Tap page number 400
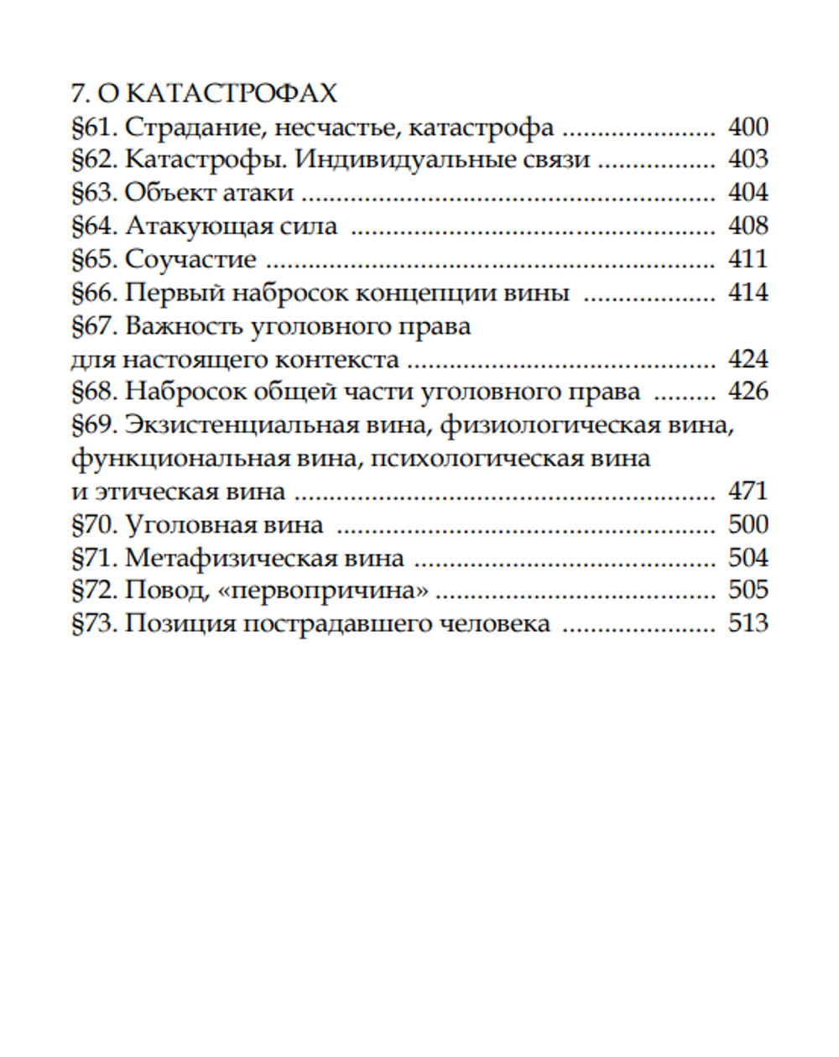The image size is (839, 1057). [x=748, y=127]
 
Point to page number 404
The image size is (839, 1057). [x=748, y=193]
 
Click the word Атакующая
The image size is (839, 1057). [x=200, y=226]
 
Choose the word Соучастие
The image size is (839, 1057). [x=190, y=259]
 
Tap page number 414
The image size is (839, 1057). [x=748, y=293]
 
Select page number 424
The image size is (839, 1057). [x=748, y=359]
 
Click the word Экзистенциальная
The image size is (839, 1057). [x=276, y=425]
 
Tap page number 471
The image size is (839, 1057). [x=748, y=492]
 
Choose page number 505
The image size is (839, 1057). [x=748, y=591]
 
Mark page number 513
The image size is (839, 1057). [x=748, y=624]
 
